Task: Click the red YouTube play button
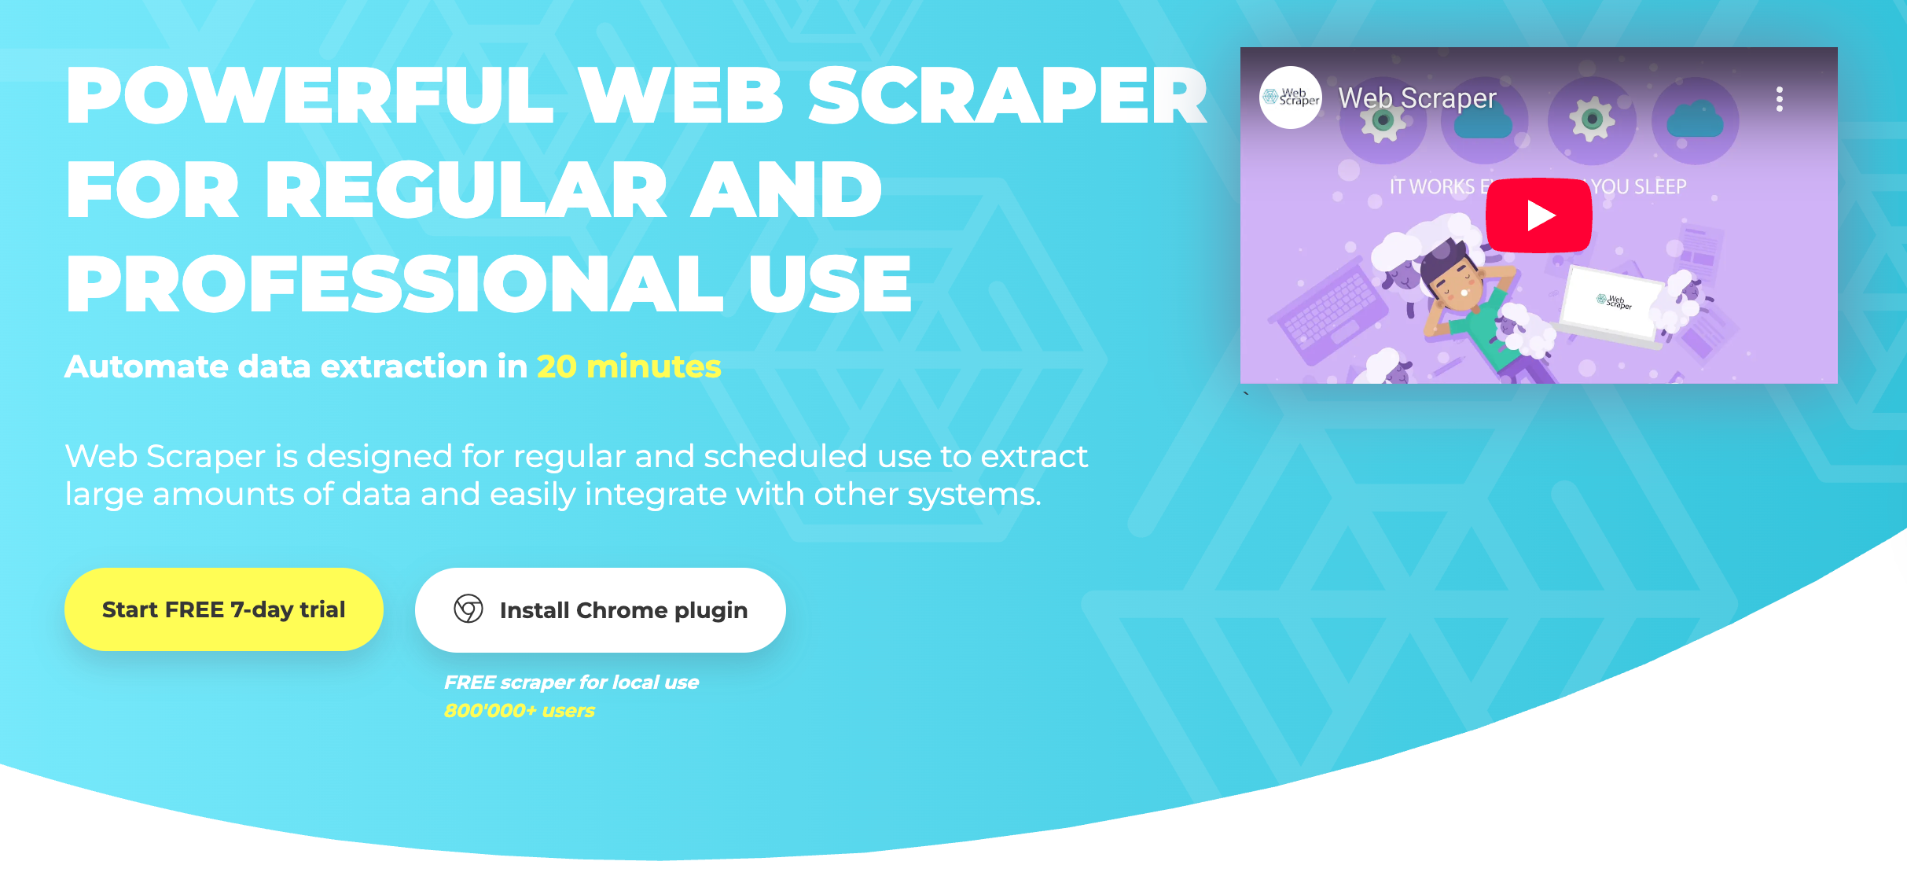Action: point(1538,215)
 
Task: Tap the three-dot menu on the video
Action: point(1779,99)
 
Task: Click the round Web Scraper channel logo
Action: point(1291,98)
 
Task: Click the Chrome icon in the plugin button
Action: point(468,609)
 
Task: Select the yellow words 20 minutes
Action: point(628,366)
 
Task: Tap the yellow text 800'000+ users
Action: point(519,711)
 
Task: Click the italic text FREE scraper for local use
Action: point(571,683)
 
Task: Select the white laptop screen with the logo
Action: point(1611,303)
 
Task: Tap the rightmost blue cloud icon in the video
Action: point(1695,121)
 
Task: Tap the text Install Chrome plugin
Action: point(623,610)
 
